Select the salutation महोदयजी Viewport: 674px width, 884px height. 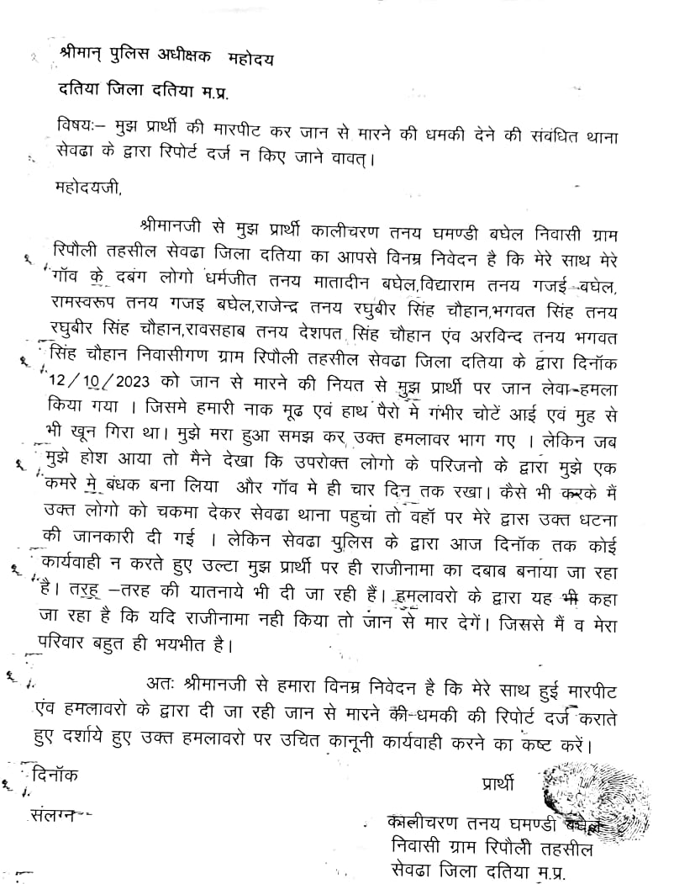[88, 188]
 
